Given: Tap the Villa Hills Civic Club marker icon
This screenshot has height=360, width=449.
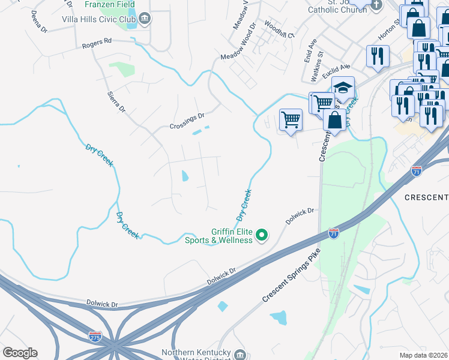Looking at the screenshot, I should (x=145, y=20).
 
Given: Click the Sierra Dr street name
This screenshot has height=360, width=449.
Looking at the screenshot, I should (x=116, y=102).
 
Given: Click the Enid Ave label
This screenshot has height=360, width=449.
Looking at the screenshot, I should (x=310, y=51).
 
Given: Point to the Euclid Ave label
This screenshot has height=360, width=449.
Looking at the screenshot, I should (x=336, y=71).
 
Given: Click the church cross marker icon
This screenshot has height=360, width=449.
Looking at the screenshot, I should (x=376, y=5).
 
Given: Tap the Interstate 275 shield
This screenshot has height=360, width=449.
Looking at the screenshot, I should (x=95, y=338).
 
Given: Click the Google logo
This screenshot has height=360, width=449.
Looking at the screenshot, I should (x=20, y=353).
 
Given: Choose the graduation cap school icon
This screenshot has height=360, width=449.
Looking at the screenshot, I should (x=343, y=88).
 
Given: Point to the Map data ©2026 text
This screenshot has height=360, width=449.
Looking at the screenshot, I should (x=423, y=355).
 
